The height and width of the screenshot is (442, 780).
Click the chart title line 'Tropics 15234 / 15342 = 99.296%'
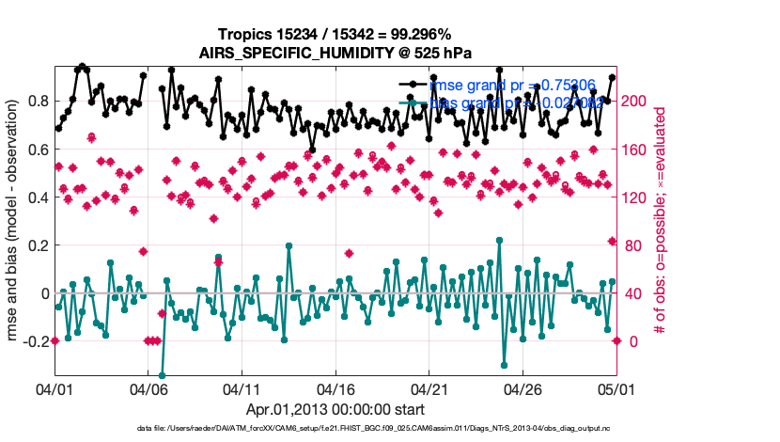pos(335,35)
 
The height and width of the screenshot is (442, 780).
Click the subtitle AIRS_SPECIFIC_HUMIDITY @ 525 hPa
pos(335,52)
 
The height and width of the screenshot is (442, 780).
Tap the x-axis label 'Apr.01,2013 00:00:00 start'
pos(335,410)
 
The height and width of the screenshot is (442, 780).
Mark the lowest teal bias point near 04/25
pos(505,365)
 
